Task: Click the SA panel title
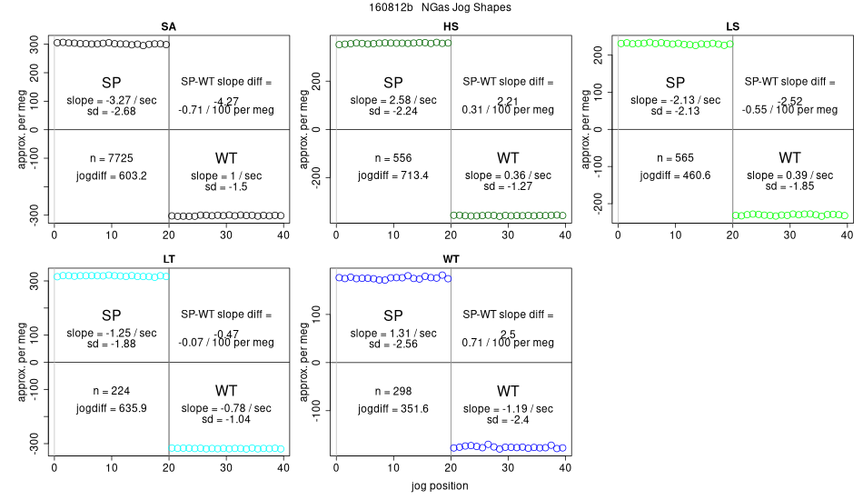tap(169, 26)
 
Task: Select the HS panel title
tap(451, 26)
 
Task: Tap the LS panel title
tap(732, 26)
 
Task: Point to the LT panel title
tap(169, 259)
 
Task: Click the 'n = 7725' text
tap(112, 158)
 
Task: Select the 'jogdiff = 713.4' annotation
tap(393, 175)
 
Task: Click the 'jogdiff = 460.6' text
tap(675, 175)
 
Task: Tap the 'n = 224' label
tap(112, 391)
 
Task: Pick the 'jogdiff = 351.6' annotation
tap(393, 408)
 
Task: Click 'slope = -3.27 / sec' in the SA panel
tap(112, 100)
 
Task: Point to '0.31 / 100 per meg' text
tap(509, 110)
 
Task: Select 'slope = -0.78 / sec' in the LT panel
tap(226, 408)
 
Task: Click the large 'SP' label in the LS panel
tap(675, 82)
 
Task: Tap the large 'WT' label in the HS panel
tap(508, 158)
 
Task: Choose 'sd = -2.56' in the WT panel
tap(393, 344)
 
